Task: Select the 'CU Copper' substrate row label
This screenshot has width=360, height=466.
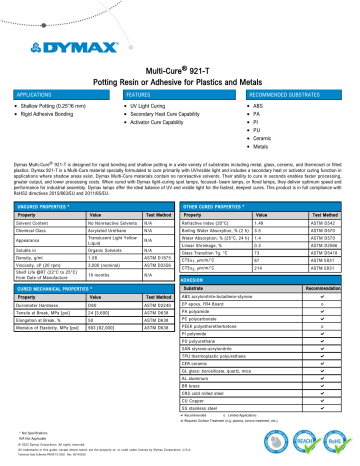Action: [x=213, y=402]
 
